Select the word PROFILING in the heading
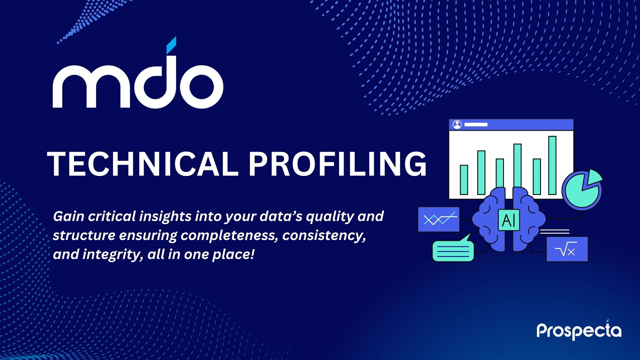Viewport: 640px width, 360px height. (337, 164)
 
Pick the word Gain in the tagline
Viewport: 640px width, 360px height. (69, 216)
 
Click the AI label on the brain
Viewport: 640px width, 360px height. (509, 220)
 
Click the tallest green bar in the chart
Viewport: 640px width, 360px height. (552, 165)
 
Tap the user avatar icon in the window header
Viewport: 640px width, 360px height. (457, 125)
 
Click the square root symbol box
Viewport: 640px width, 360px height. (567, 249)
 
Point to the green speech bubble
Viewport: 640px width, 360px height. (453, 248)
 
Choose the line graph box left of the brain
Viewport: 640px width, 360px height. (439, 219)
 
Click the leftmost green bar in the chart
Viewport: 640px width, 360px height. (464, 180)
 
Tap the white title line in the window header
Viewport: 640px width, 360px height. (476, 125)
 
